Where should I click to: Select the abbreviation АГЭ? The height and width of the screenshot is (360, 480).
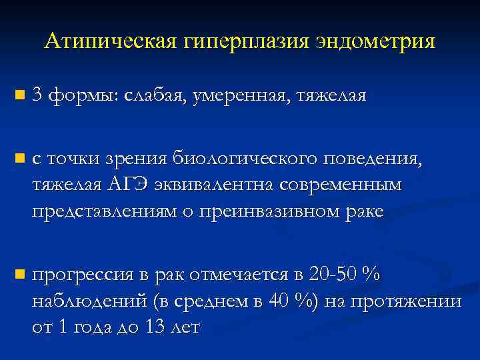click(127, 185)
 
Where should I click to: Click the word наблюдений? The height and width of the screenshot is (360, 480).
click(89, 301)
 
